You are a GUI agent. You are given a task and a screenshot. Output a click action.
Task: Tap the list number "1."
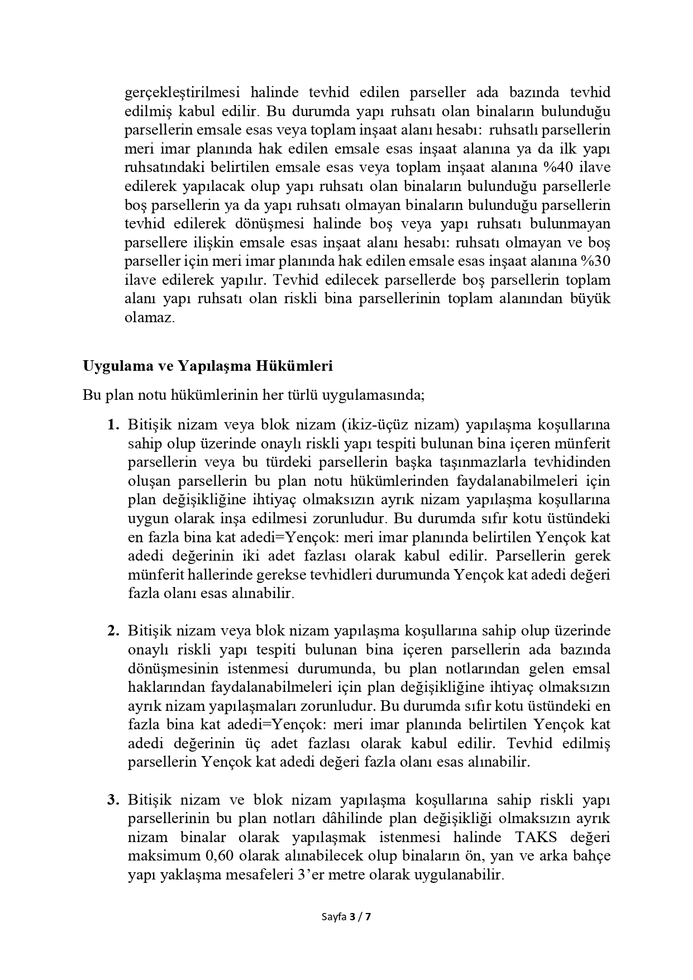(x=114, y=424)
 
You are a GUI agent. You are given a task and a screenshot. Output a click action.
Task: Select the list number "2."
(x=114, y=631)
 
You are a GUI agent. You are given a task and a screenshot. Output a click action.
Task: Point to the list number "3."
(x=114, y=800)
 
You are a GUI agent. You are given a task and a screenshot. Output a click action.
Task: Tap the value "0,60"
(x=220, y=855)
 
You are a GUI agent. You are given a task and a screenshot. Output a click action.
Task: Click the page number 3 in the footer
(x=352, y=916)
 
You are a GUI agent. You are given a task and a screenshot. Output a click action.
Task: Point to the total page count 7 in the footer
(x=368, y=916)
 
